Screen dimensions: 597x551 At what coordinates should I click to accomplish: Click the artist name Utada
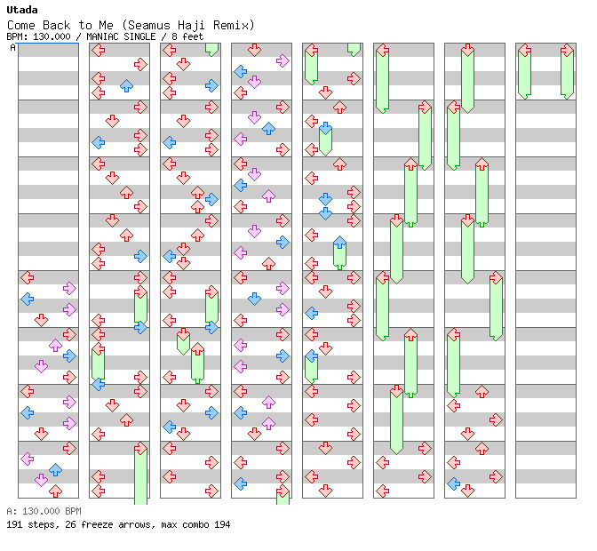coord(22,10)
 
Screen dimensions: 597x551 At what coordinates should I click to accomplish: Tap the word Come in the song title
coord(21,25)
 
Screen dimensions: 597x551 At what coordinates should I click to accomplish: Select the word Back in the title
coord(56,25)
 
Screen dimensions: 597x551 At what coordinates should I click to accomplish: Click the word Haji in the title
coord(191,26)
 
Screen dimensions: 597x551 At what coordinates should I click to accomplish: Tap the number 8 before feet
coord(174,36)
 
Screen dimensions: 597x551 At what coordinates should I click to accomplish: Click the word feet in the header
coord(193,36)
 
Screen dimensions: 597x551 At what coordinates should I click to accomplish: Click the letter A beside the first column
coord(12,47)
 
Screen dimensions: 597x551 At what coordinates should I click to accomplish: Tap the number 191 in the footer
coord(14,524)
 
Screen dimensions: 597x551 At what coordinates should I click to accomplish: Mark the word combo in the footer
coord(195,524)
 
